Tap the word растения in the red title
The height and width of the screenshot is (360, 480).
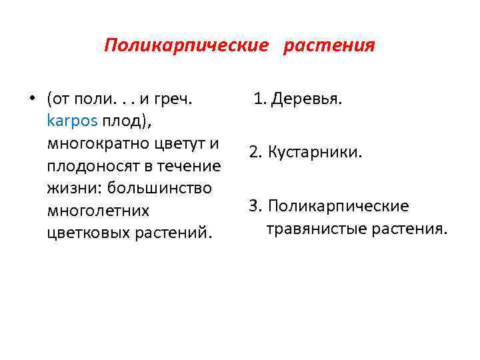click(x=329, y=45)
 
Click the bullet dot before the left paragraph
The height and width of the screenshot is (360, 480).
click(x=31, y=100)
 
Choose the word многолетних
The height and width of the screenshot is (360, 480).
click(x=98, y=211)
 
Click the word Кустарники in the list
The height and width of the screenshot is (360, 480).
click(x=316, y=153)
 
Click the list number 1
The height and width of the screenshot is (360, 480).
click(x=258, y=100)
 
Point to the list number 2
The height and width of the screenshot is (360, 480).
click(x=254, y=153)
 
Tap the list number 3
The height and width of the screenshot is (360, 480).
click(x=254, y=206)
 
